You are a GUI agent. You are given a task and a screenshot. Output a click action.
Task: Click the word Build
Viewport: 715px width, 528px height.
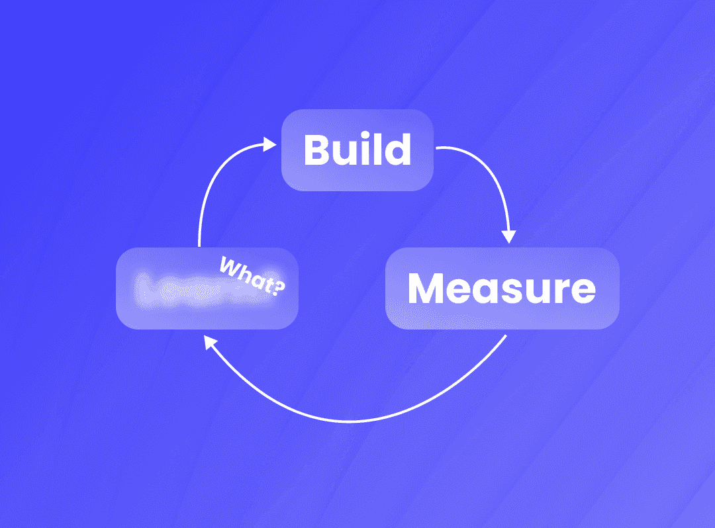coord(357,150)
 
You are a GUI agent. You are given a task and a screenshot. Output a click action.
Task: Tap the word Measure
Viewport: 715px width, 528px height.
coord(501,288)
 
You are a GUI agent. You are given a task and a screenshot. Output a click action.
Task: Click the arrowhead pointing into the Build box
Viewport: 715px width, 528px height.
coord(269,143)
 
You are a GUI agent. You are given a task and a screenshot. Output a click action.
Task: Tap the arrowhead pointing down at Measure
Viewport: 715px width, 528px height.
coord(509,236)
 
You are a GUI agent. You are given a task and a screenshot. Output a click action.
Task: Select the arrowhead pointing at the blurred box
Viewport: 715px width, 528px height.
coord(210,343)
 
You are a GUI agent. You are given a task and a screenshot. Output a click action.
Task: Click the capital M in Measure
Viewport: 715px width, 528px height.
coord(426,288)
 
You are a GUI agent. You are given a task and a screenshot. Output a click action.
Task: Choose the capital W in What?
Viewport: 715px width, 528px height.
coord(229,267)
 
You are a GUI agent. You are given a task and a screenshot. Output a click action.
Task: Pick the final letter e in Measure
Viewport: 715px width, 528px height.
coord(583,292)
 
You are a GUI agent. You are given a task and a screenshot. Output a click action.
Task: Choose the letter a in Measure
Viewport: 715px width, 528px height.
coord(484,292)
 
